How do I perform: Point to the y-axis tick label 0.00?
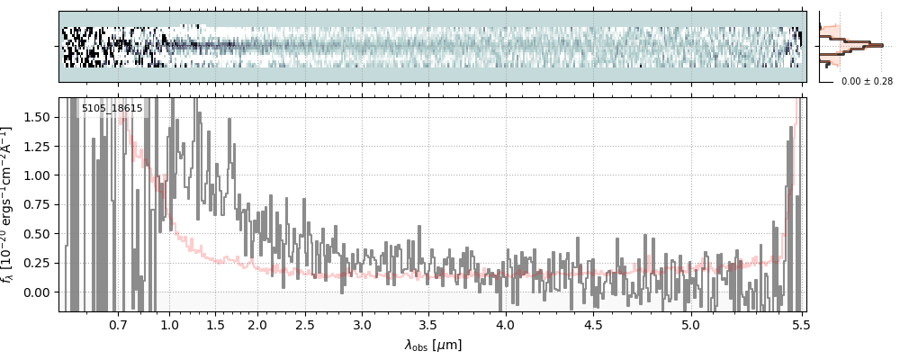coord(40,292)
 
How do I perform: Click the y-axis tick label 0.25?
coord(40,263)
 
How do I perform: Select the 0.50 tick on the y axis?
coord(40,234)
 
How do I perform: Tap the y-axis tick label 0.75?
coord(40,204)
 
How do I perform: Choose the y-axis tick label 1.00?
coord(40,175)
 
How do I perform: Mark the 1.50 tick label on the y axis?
coord(40,117)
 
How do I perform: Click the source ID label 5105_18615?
coord(112,109)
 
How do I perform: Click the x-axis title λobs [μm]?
coord(433,345)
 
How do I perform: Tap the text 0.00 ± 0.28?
coord(867,81)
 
